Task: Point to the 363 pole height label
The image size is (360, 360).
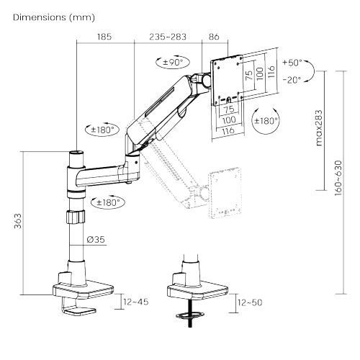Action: coord(17,222)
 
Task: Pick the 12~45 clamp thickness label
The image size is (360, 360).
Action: coord(135,302)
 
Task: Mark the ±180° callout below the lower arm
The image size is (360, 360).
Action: coord(109,202)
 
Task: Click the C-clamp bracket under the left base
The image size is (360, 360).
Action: coord(78,307)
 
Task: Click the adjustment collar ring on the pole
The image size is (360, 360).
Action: coord(74,217)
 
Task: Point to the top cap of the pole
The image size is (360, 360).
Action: coord(76,154)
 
